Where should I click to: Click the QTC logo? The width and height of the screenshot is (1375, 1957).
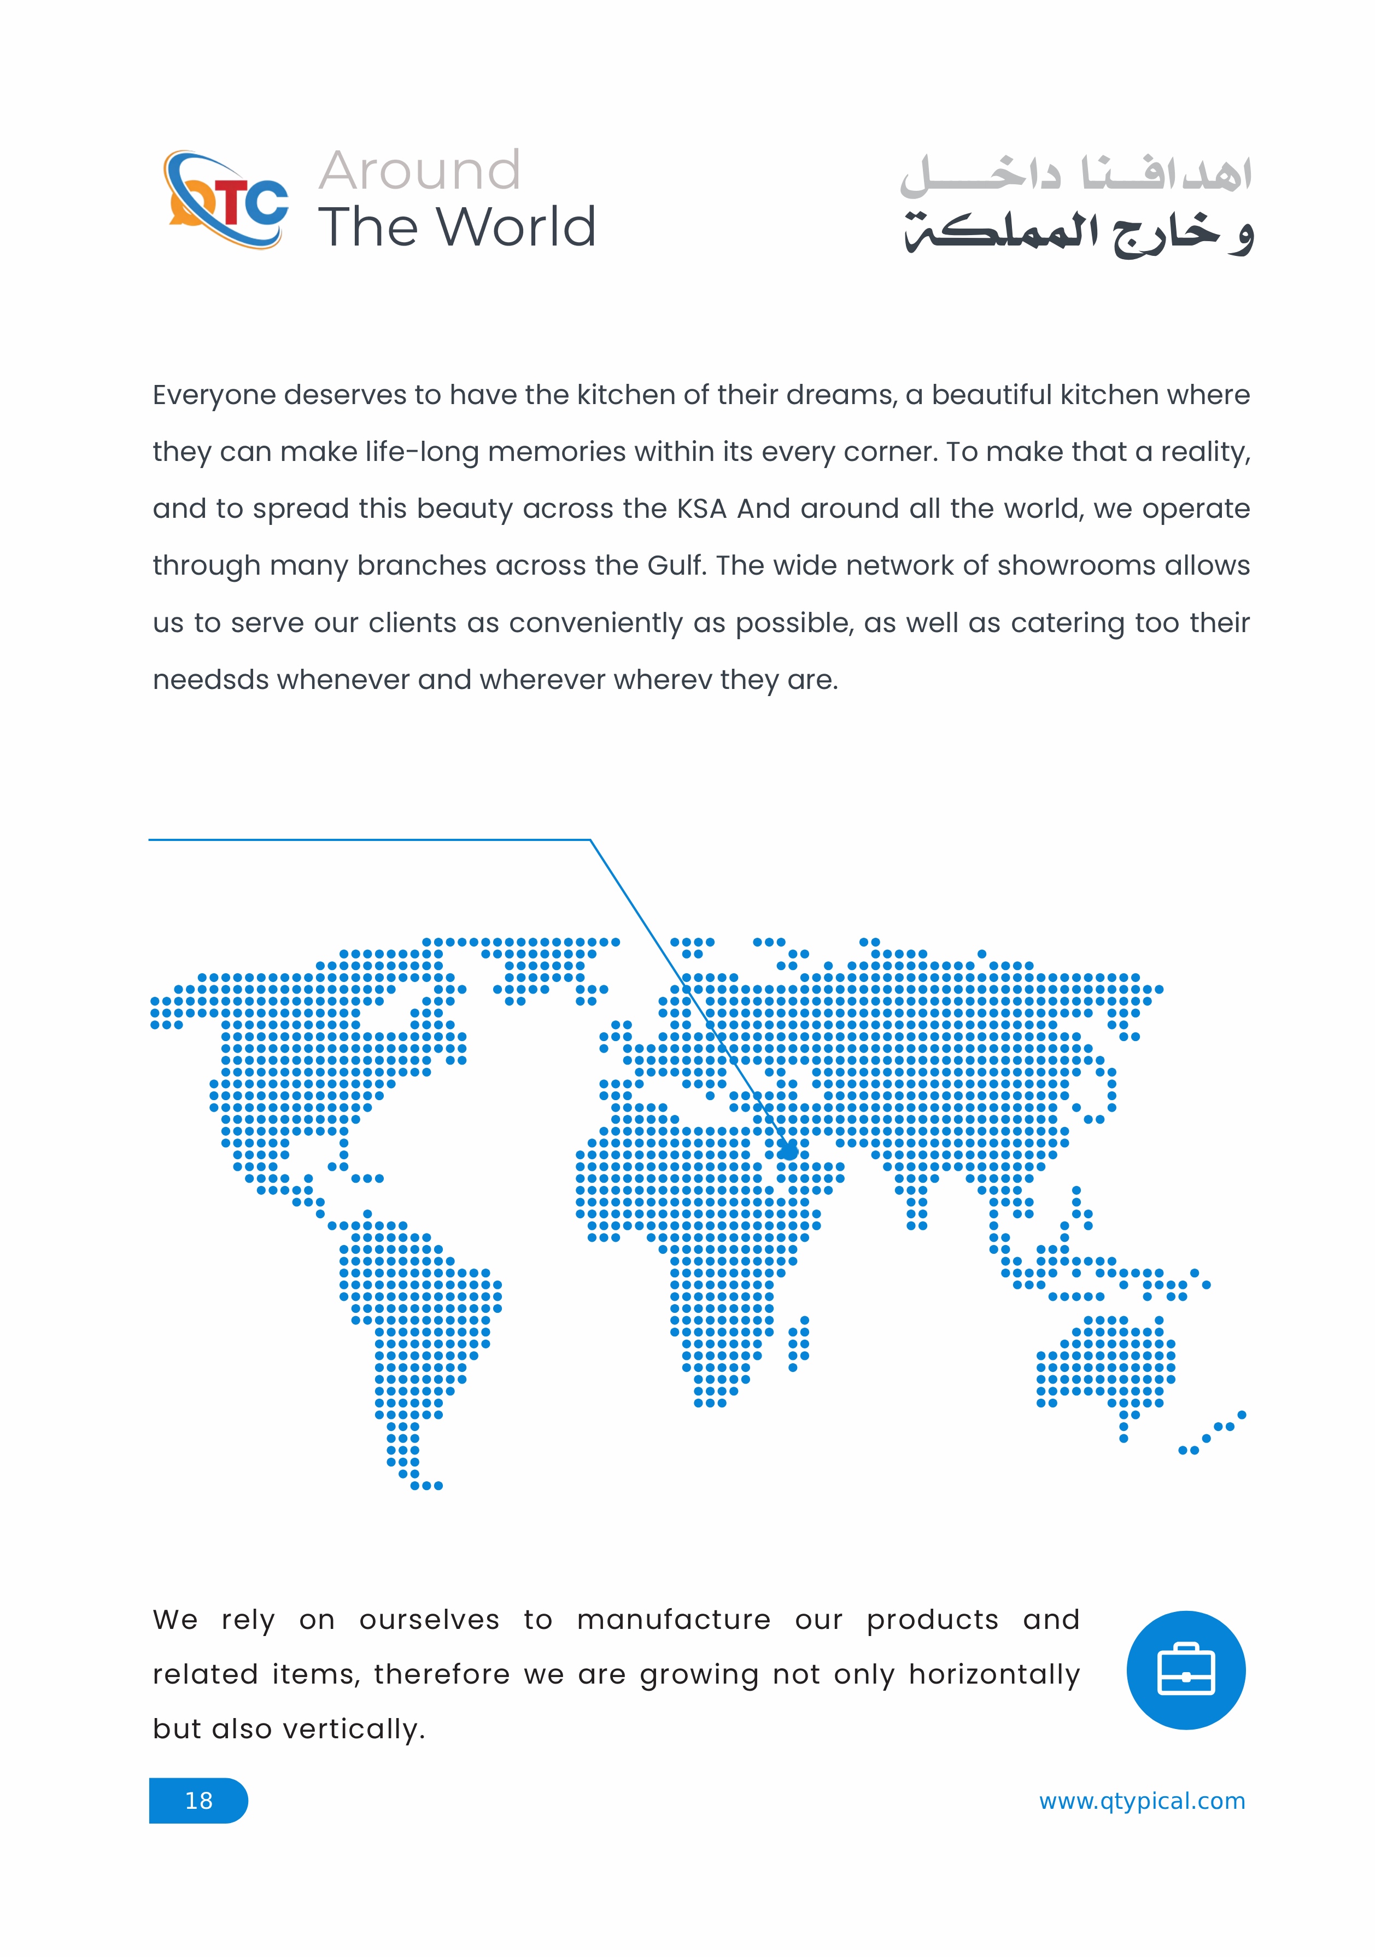point(226,200)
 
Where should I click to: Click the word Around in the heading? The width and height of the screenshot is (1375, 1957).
point(419,171)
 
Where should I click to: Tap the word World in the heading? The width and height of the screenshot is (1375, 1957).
point(517,227)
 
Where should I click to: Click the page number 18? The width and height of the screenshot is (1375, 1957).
point(198,1800)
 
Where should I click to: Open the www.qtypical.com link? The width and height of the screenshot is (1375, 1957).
point(1142,1800)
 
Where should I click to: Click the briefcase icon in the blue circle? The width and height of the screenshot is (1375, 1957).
point(1186,1669)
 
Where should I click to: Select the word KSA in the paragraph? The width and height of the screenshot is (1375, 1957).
point(701,509)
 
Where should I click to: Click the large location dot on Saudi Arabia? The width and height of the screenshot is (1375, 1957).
point(788,1152)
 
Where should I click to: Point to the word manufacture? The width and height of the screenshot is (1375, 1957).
point(674,1620)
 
